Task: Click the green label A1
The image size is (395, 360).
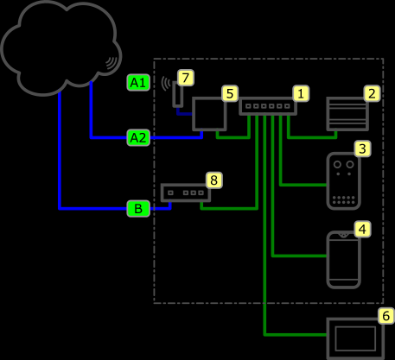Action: click(x=138, y=83)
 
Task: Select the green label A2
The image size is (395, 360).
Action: click(x=138, y=137)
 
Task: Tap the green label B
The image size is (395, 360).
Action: click(x=138, y=208)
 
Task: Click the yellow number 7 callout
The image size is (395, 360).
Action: click(x=186, y=78)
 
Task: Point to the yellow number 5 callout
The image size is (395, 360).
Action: click(x=230, y=93)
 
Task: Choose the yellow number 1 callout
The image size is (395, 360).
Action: click(x=301, y=93)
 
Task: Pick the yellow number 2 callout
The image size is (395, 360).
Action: click(x=372, y=93)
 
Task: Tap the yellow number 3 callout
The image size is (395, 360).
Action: click(x=362, y=148)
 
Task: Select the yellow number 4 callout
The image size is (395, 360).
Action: click(x=362, y=229)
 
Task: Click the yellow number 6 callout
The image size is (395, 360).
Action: click(x=386, y=316)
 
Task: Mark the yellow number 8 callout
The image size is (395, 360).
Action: click(x=213, y=180)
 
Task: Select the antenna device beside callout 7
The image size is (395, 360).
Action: click(x=178, y=94)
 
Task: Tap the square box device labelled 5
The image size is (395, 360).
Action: click(x=193, y=114)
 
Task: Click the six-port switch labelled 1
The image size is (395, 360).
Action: click(x=268, y=106)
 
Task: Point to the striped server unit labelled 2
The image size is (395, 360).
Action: click(x=347, y=114)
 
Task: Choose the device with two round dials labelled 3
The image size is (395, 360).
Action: click(x=344, y=180)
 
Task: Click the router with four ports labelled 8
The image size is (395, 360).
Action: click(x=186, y=193)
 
